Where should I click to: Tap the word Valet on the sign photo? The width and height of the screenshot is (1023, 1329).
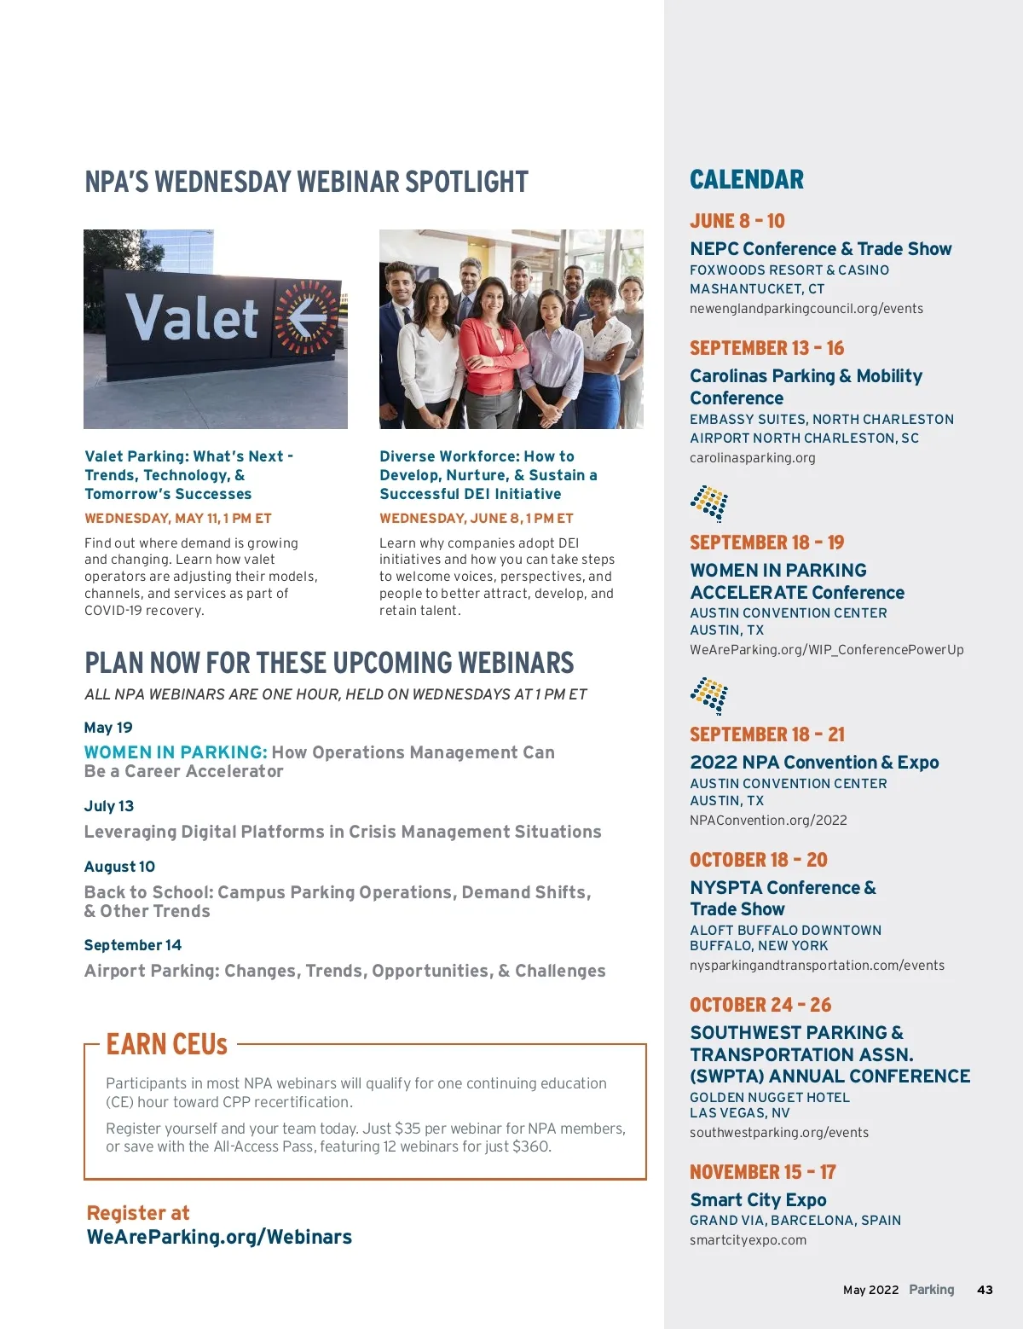[x=192, y=318]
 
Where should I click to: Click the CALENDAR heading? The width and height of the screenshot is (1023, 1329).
[x=746, y=179]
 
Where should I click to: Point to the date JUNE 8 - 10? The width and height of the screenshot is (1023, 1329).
[x=737, y=221]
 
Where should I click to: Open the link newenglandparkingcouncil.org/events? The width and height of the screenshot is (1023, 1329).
[x=806, y=309]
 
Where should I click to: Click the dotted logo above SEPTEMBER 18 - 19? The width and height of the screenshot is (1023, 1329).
[x=709, y=503]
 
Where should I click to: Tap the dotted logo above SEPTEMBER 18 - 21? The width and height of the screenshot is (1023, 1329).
[x=709, y=695]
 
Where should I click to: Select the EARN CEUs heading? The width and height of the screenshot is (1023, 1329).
[x=167, y=1044]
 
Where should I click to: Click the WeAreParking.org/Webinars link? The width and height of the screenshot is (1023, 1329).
[x=219, y=1237]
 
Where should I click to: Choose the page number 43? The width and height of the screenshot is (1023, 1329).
[x=985, y=1290]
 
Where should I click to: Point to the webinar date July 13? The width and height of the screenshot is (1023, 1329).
[x=109, y=806]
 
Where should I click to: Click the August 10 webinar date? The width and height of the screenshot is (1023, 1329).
[x=119, y=867]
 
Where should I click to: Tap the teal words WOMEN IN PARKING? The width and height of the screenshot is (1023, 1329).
[x=176, y=752]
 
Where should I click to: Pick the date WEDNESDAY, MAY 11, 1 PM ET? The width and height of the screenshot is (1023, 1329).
[x=177, y=518]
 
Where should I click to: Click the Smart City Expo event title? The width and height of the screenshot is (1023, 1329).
[x=758, y=1199]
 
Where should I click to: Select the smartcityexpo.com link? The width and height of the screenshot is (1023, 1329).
[x=748, y=1240]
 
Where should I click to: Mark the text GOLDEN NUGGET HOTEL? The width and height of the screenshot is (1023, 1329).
[x=769, y=1097]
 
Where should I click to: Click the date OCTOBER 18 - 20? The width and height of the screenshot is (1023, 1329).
[x=758, y=860]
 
